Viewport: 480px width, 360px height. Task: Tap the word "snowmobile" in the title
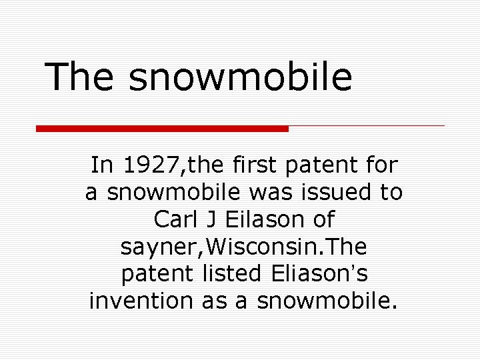coord(241,77)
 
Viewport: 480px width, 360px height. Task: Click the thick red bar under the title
coord(162,128)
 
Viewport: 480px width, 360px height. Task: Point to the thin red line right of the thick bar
coord(367,125)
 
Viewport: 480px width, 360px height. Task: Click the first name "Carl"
coord(175,218)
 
